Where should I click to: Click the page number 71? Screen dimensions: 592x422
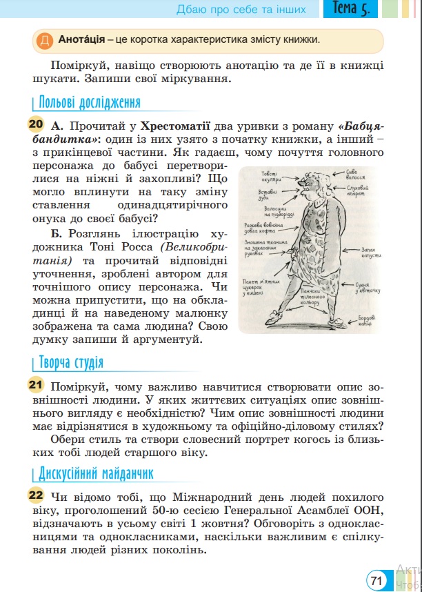click(376, 580)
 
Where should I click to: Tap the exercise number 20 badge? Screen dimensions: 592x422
click(36, 126)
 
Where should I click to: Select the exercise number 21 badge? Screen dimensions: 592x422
click(36, 385)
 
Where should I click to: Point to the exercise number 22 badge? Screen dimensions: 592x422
click(36, 495)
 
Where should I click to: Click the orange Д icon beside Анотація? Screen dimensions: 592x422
click(44, 40)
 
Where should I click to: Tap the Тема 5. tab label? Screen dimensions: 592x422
click(350, 9)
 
